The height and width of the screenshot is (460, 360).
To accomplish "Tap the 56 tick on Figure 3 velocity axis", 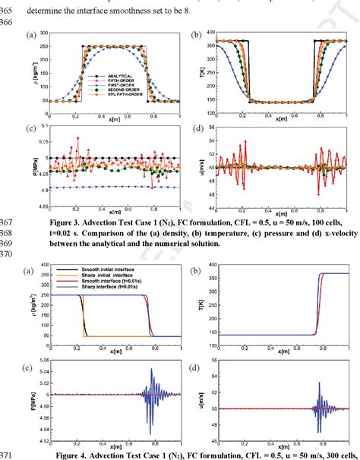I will [x=211, y=128].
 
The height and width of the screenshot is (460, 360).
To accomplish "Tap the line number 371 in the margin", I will [x=11, y=455].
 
